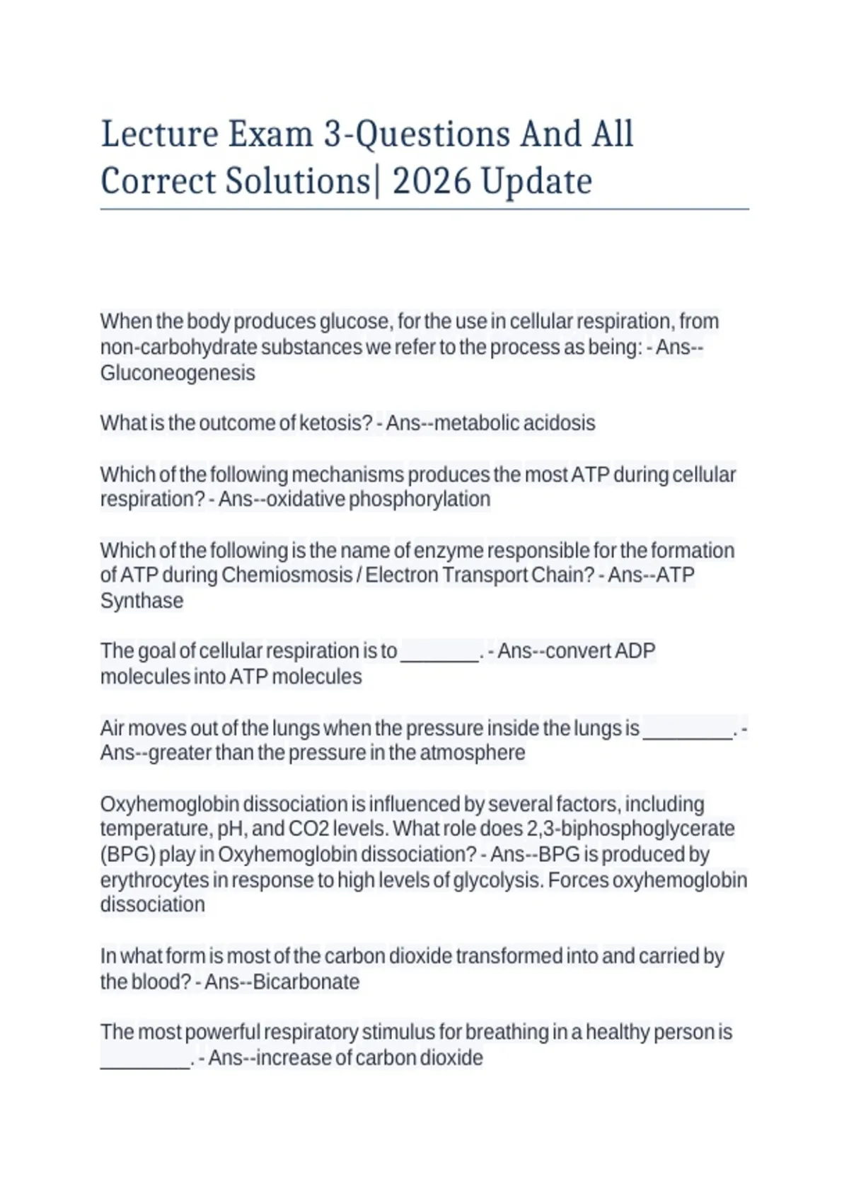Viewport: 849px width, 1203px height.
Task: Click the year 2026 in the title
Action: [x=431, y=181]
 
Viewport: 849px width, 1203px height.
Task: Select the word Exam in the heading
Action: [x=270, y=134]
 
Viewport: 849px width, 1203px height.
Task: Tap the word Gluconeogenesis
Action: [x=178, y=373]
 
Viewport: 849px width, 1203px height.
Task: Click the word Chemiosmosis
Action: [x=287, y=575]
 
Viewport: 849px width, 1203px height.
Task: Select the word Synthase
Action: [x=141, y=601]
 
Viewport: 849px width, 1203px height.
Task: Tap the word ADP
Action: [x=635, y=651]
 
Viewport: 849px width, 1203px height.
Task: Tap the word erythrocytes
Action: [x=155, y=880]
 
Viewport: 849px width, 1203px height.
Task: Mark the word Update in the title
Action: [x=536, y=181]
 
